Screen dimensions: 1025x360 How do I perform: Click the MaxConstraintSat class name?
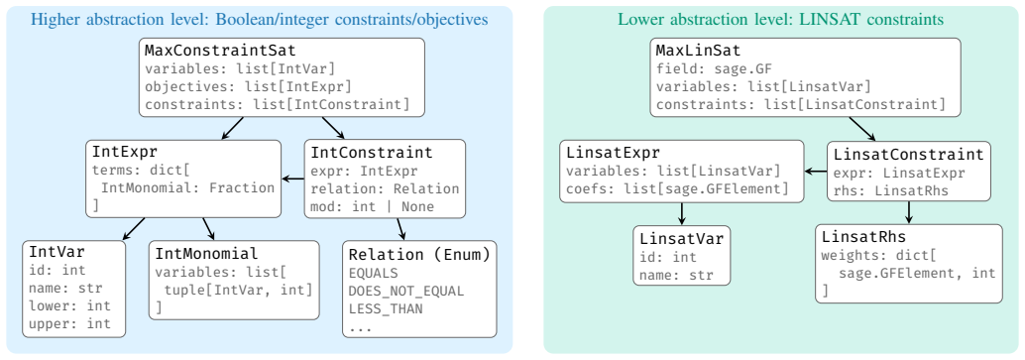(x=220, y=51)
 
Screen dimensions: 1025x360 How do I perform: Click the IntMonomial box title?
(x=206, y=253)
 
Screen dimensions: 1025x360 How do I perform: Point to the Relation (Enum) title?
(x=419, y=255)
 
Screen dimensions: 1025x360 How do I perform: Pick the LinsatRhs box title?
(x=863, y=236)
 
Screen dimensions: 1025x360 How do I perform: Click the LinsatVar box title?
(x=682, y=239)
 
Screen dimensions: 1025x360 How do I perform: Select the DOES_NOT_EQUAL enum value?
(x=406, y=292)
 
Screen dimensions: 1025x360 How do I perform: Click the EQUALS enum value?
(x=374, y=274)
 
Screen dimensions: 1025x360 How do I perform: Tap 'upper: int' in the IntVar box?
(x=69, y=323)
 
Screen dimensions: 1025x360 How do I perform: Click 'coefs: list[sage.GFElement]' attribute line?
(x=675, y=189)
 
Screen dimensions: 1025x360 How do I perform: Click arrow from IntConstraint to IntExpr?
(x=292, y=179)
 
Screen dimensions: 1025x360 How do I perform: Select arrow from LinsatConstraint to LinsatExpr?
(x=816, y=172)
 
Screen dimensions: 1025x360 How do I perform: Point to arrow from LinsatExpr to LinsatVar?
(x=682, y=213)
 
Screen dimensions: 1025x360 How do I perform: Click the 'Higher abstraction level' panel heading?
(x=260, y=20)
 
